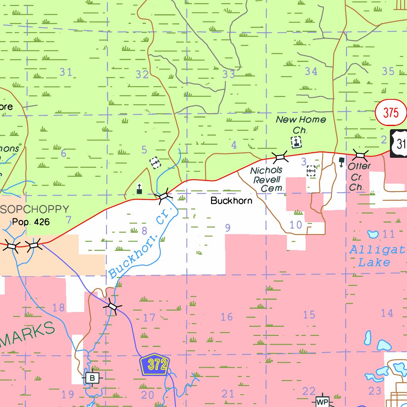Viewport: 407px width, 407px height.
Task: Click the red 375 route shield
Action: click(x=391, y=112)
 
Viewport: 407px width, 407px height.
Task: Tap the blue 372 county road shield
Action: click(x=155, y=364)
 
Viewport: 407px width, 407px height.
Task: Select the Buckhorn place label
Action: click(x=231, y=201)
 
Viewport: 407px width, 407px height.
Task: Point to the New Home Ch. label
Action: click(x=300, y=124)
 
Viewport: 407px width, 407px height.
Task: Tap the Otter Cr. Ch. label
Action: click(x=359, y=176)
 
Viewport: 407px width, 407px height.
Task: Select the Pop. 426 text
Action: click(x=31, y=222)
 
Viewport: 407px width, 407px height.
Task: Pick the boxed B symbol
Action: click(x=92, y=378)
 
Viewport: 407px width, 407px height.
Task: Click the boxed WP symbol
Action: click(x=322, y=402)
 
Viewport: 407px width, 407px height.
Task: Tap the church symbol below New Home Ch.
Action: click(x=297, y=141)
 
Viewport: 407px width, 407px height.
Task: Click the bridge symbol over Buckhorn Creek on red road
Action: click(x=163, y=196)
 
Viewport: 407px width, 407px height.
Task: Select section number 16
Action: click(x=227, y=317)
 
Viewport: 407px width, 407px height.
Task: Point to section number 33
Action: click(x=229, y=74)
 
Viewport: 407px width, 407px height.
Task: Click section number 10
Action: click(x=296, y=225)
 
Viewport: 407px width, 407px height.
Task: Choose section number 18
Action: click(x=58, y=307)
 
